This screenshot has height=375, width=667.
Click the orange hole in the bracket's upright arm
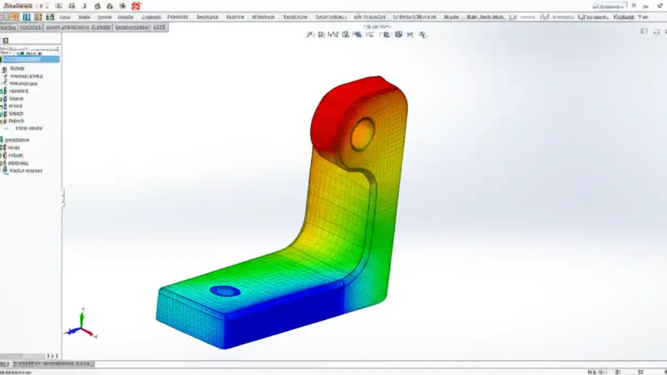click(362, 134)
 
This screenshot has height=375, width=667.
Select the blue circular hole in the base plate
click(225, 291)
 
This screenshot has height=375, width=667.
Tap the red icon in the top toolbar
click(136, 6)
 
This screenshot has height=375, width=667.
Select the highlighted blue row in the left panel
click(31, 59)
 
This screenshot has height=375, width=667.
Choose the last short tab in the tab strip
click(159, 27)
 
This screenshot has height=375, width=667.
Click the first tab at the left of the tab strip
click(8, 27)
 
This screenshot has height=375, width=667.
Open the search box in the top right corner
click(610, 6)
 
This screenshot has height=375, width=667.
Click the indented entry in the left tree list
click(29, 128)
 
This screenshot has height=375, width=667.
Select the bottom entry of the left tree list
click(25, 170)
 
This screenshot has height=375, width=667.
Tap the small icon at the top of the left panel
click(6, 40)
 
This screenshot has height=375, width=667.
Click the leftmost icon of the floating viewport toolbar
click(310, 35)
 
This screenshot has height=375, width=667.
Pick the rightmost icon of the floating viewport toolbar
click(423, 35)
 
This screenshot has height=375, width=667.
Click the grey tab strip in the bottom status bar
click(52, 364)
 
